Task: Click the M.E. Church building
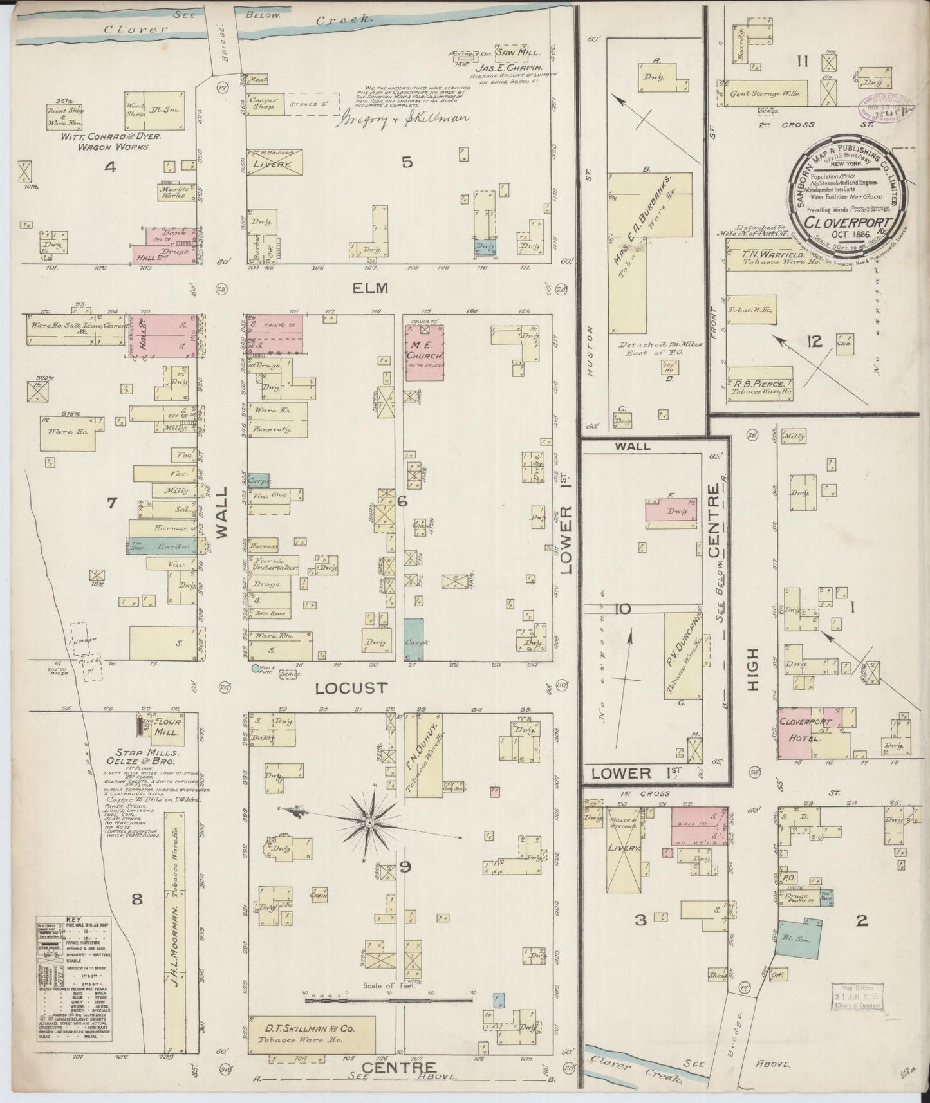424,353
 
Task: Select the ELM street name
371,288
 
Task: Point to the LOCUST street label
352,688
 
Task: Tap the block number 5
407,162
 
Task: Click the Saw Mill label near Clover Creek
523,54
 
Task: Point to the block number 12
815,341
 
